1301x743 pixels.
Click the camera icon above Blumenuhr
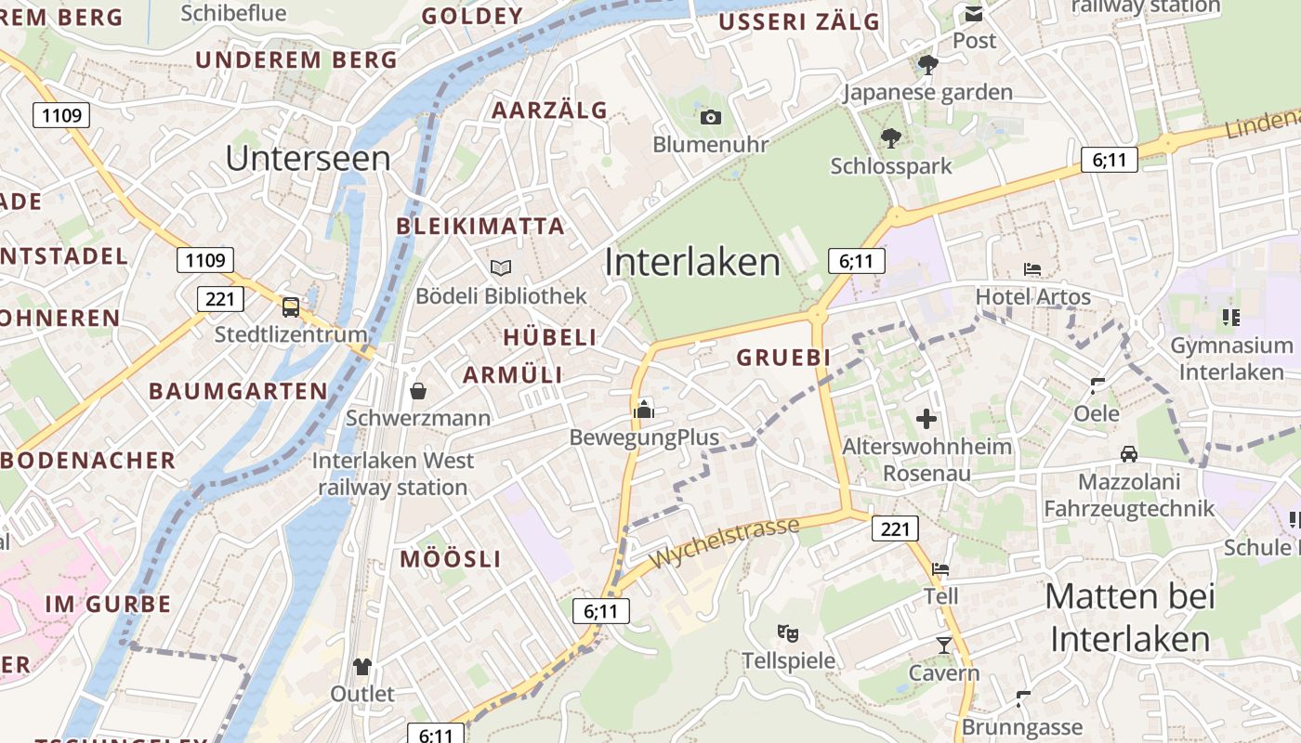[711, 117]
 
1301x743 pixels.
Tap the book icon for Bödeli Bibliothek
[501, 267]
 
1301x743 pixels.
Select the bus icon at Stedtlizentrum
[291, 306]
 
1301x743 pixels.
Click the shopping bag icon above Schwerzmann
[418, 390]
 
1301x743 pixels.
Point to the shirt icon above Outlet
[362, 666]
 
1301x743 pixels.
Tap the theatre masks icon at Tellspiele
[788, 633]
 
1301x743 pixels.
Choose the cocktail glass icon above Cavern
[944, 645]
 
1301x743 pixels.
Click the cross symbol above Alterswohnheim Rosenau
[926, 419]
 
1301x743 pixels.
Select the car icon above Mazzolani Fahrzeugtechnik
[1129, 454]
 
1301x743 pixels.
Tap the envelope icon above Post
[974, 14]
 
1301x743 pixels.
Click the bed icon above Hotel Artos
[1032, 269]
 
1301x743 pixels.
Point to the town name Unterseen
[308, 158]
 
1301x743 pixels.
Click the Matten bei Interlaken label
[1130, 618]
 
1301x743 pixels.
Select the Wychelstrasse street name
[725, 544]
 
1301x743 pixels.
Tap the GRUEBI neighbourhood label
[783, 358]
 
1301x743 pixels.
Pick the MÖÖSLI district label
[451, 559]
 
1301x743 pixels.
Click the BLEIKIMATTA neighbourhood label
[480, 226]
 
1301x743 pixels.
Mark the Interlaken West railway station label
[393, 474]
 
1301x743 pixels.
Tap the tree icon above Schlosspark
[891, 138]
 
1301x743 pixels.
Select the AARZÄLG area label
[549, 111]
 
